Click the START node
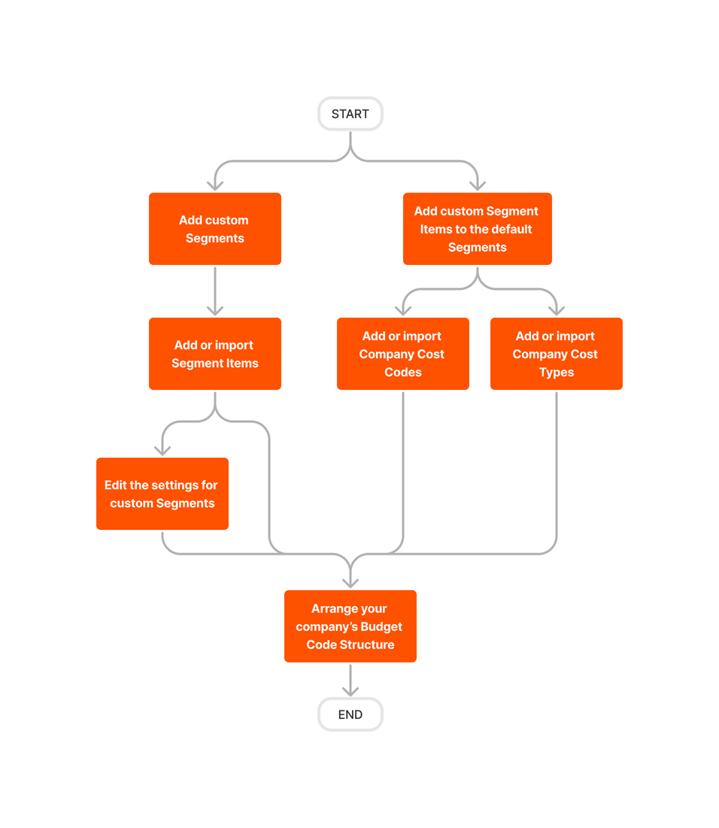pos(350,114)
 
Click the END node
pos(350,714)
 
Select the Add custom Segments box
pos(214,229)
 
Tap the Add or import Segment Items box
pos(214,354)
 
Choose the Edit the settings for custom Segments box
pos(162,494)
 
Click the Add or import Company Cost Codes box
pos(402,354)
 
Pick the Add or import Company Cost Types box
pos(556,354)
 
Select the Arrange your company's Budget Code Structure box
pos(350,626)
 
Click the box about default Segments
pos(477,229)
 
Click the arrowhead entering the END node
pos(350,691)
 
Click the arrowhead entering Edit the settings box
pos(162,450)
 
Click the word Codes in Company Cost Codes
pos(403,373)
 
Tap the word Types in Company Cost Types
pos(557,373)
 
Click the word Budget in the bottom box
pos(381,627)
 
